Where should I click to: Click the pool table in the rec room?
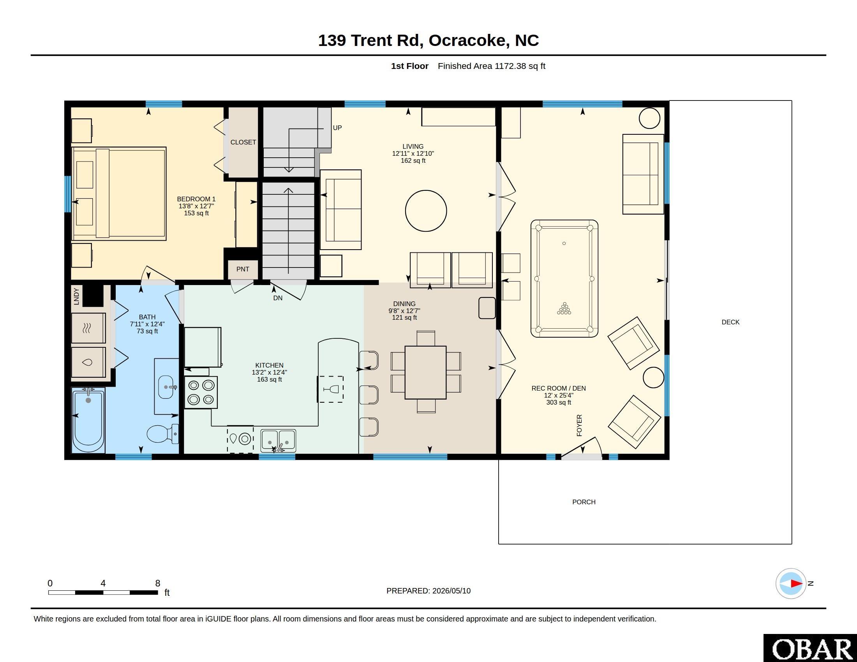[564, 278]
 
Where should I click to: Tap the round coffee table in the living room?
[426, 211]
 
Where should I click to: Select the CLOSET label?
[243, 142]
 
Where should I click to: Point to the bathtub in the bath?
[88, 420]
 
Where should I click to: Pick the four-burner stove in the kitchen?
[201, 393]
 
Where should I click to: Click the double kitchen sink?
[279, 441]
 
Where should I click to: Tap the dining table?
[426, 372]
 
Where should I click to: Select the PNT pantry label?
[243, 269]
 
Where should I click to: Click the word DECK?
[731, 322]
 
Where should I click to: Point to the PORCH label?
[584, 502]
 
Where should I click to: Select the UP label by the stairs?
[337, 128]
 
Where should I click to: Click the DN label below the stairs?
[278, 298]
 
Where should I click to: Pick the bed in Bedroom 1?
[119, 194]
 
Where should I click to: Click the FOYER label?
[579, 425]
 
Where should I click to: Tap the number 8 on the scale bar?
[158, 583]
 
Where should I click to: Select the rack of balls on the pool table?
[564, 308]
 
